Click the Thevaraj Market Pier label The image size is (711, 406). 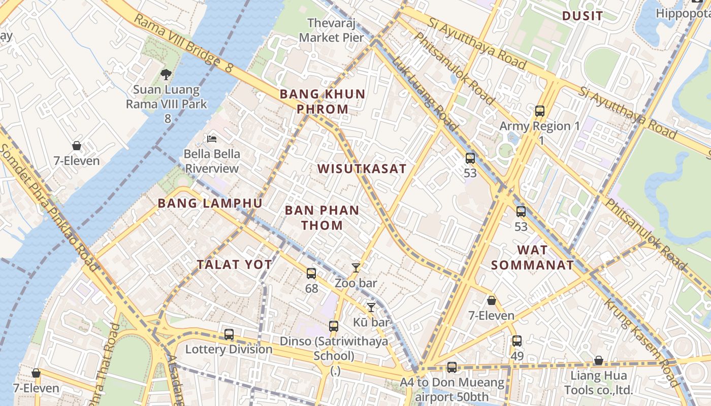pyautogui.click(x=331, y=30)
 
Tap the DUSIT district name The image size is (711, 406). pyautogui.click(x=582, y=16)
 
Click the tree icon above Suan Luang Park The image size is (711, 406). pyautogui.click(x=166, y=75)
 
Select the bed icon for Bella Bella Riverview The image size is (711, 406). pyautogui.click(x=212, y=139)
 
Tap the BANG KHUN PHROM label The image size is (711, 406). pyautogui.click(x=322, y=101)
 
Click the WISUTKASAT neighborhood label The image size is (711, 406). pyautogui.click(x=362, y=169)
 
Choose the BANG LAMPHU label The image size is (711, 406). pyautogui.click(x=210, y=204)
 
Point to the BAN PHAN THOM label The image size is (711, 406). pyautogui.click(x=322, y=218)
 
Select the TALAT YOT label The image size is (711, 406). pyautogui.click(x=235, y=264)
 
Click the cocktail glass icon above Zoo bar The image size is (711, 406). pyautogui.click(x=355, y=268)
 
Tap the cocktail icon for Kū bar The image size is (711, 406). pyautogui.click(x=371, y=307)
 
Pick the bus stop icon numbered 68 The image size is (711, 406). pyautogui.click(x=311, y=274)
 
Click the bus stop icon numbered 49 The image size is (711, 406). pyautogui.click(x=517, y=341)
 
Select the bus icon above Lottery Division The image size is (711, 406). pyautogui.click(x=229, y=334)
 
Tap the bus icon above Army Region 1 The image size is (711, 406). pyautogui.click(x=539, y=111)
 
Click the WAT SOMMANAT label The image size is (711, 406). pyautogui.click(x=532, y=257)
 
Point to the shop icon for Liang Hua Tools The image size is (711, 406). pyautogui.click(x=599, y=360)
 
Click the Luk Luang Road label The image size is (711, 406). pyautogui.click(x=426, y=94)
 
